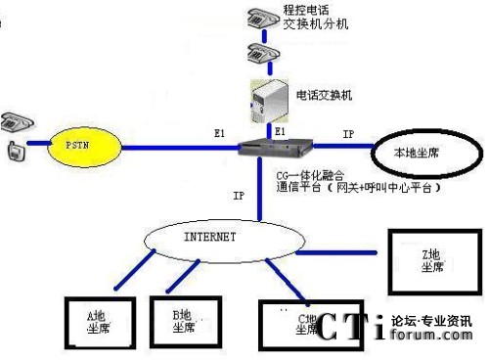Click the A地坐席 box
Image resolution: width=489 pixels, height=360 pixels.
(97, 321)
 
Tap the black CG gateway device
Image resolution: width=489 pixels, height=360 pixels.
(280, 148)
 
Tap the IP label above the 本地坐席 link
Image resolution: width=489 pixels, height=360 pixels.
(348, 132)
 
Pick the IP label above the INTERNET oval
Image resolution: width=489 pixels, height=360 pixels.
(239, 196)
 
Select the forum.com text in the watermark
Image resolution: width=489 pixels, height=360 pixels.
(430, 335)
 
